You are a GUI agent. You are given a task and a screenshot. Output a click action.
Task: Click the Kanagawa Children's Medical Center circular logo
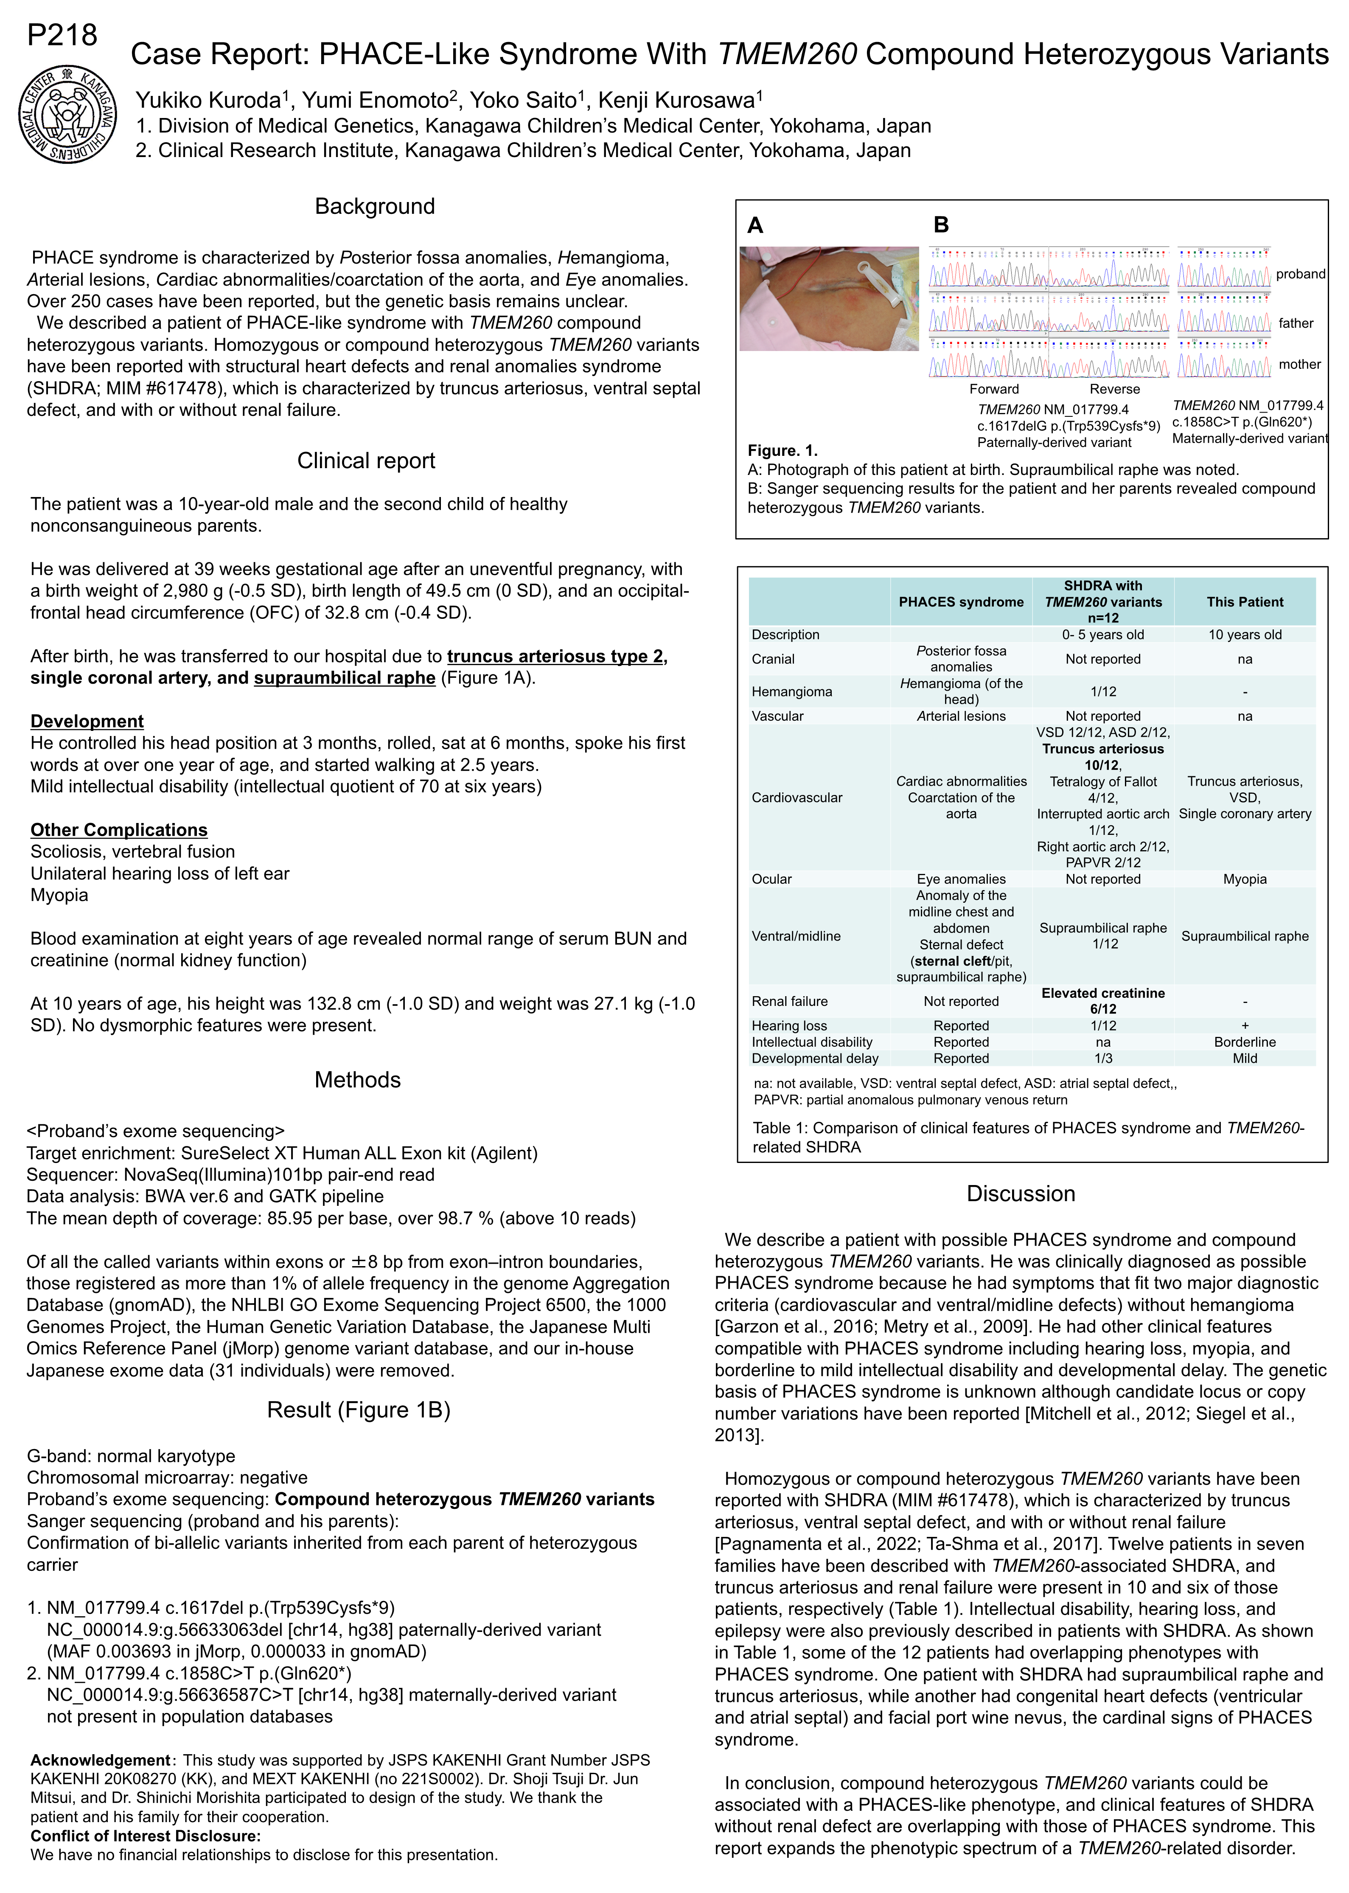pyautogui.click(x=67, y=114)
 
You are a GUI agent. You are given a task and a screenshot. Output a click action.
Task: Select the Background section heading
pyautogui.click(x=375, y=207)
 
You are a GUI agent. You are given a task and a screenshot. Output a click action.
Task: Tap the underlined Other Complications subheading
pyautogui.click(x=119, y=830)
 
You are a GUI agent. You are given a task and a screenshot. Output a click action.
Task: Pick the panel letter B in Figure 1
pyautogui.click(x=941, y=225)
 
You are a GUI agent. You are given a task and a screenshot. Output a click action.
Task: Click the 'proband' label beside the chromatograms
pyautogui.click(x=1300, y=274)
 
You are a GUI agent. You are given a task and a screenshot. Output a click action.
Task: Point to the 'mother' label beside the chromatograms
pyautogui.click(x=1299, y=365)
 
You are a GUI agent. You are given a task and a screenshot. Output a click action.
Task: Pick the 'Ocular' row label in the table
pyautogui.click(x=772, y=879)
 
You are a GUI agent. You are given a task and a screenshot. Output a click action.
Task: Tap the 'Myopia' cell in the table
pyautogui.click(x=1244, y=879)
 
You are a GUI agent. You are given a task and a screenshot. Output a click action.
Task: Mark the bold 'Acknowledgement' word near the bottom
pyautogui.click(x=100, y=1760)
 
